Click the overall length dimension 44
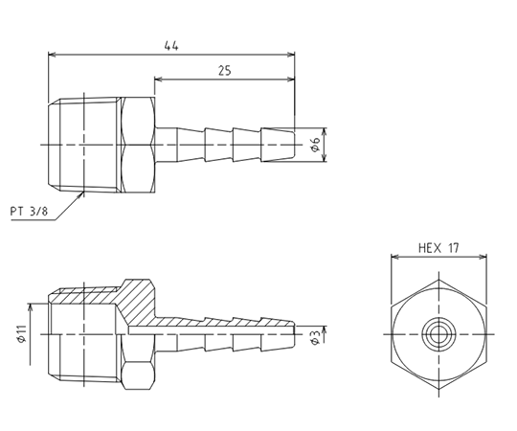tap(171, 46)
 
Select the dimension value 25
tap(225, 71)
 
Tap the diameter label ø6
tap(316, 144)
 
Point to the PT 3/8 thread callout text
tap(29, 211)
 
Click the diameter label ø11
tap(22, 333)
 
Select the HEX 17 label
tap(438, 248)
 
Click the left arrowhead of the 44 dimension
tap(52, 55)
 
